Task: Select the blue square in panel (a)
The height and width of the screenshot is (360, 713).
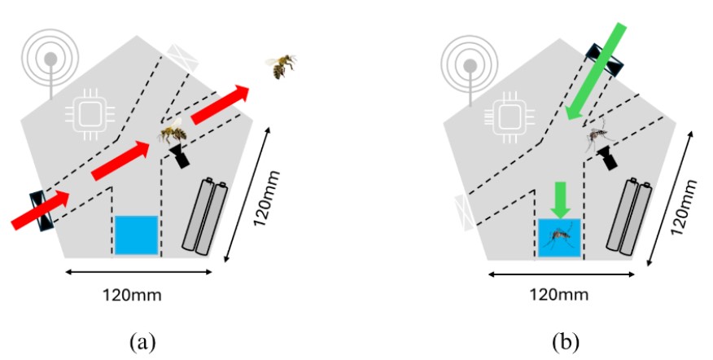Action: tap(135, 235)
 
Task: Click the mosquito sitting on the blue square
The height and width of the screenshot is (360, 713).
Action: tap(559, 235)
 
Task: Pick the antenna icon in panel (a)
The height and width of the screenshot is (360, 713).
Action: tap(50, 61)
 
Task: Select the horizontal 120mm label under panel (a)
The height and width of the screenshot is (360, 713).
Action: tap(136, 295)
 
